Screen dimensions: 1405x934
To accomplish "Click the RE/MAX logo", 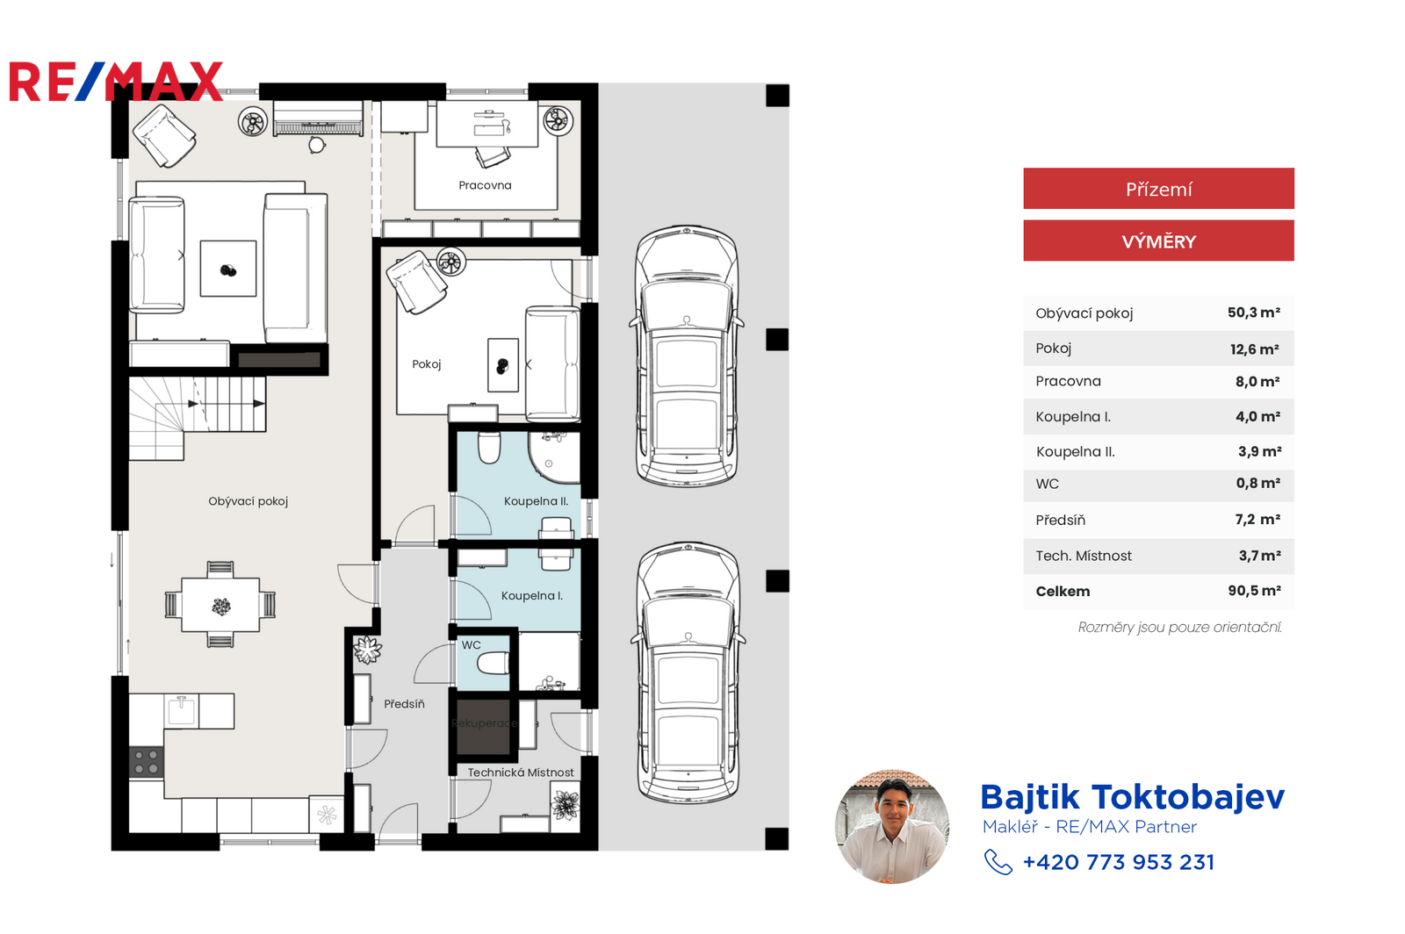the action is click(116, 82).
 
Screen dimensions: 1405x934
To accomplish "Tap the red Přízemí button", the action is click(1158, 188).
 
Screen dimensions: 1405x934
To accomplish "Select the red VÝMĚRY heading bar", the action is click(1158, 241).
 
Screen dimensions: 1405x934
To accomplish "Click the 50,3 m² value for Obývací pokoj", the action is click(1253, 313).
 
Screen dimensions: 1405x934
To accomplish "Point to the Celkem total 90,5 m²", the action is click(1254, 591).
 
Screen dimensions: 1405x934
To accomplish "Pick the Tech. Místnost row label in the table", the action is click(1084, 556).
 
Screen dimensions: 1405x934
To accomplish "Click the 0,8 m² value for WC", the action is click(1257, 484).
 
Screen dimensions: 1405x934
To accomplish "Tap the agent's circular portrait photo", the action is click(892, 827).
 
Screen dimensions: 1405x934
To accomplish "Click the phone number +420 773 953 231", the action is click(1119, 863).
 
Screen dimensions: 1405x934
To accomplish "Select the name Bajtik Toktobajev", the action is click(1132, 798).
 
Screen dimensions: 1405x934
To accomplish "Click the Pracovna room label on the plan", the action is click(485, 185).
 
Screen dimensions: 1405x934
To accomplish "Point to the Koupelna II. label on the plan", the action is click(537, 501).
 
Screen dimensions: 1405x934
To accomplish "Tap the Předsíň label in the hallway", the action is click(404, 704).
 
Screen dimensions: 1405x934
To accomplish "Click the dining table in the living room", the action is click(220, 605).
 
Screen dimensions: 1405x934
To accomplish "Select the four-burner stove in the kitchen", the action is click(146, 763).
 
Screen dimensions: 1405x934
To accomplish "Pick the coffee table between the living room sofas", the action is click(228, 269).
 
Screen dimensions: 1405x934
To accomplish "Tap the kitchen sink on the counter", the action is click(181, 710).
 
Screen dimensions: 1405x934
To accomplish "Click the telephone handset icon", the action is click(998, 863).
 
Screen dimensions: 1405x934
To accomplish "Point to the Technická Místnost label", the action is click(521, 772).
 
